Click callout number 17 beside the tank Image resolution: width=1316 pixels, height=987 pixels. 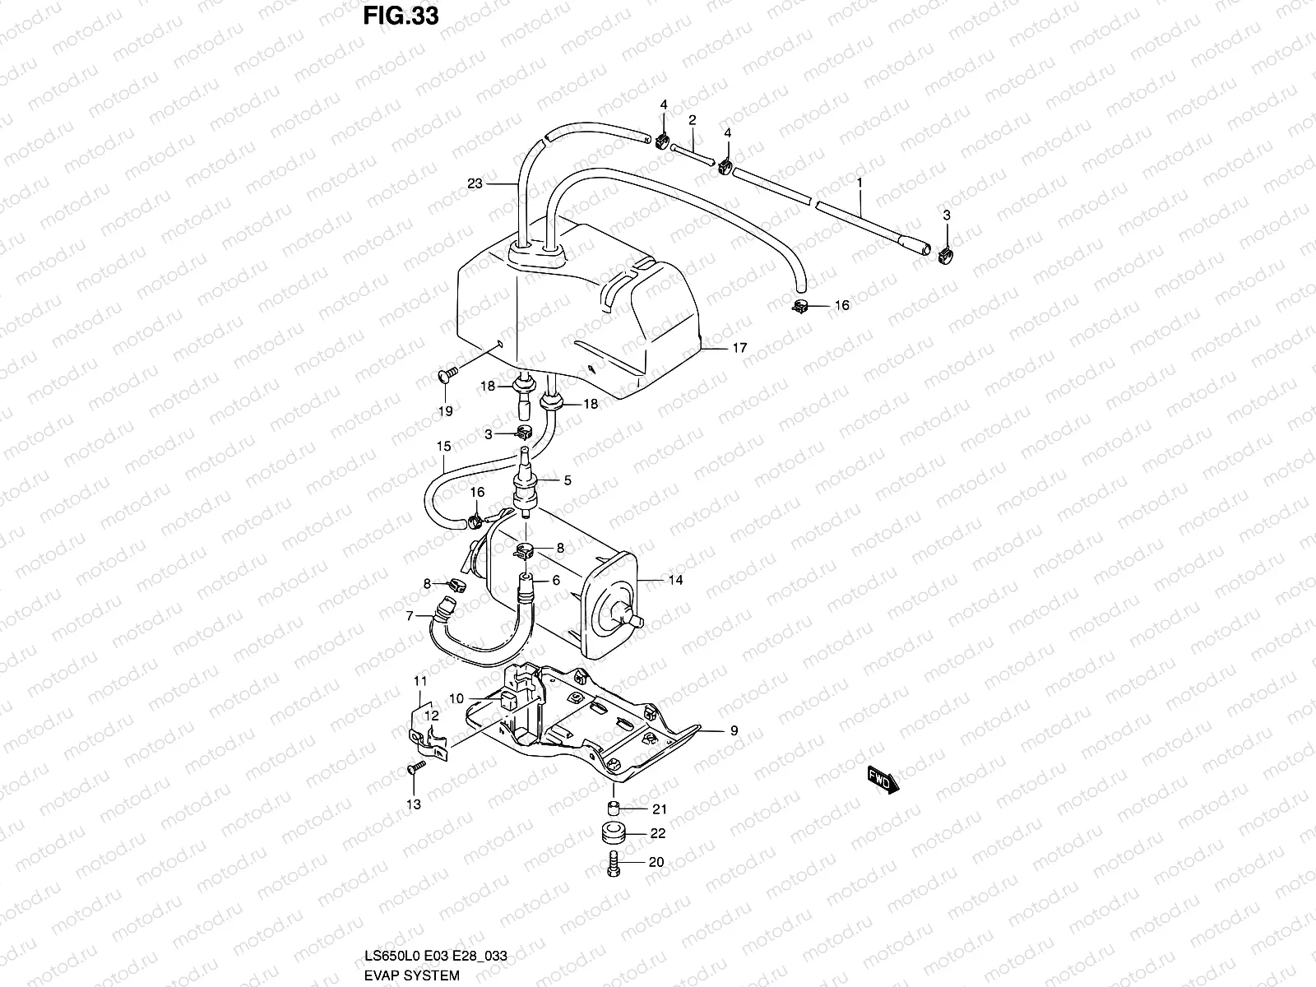[739, 348]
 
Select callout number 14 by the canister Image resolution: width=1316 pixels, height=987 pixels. [675, 580]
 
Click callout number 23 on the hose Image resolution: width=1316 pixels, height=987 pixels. [475, 184]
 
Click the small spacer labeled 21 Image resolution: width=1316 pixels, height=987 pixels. [613, 805]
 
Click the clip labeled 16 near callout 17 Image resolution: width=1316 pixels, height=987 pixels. [799, 307]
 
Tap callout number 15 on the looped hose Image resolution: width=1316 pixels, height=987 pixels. [444, 447]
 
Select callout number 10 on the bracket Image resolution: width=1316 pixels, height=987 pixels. [456, 698]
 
